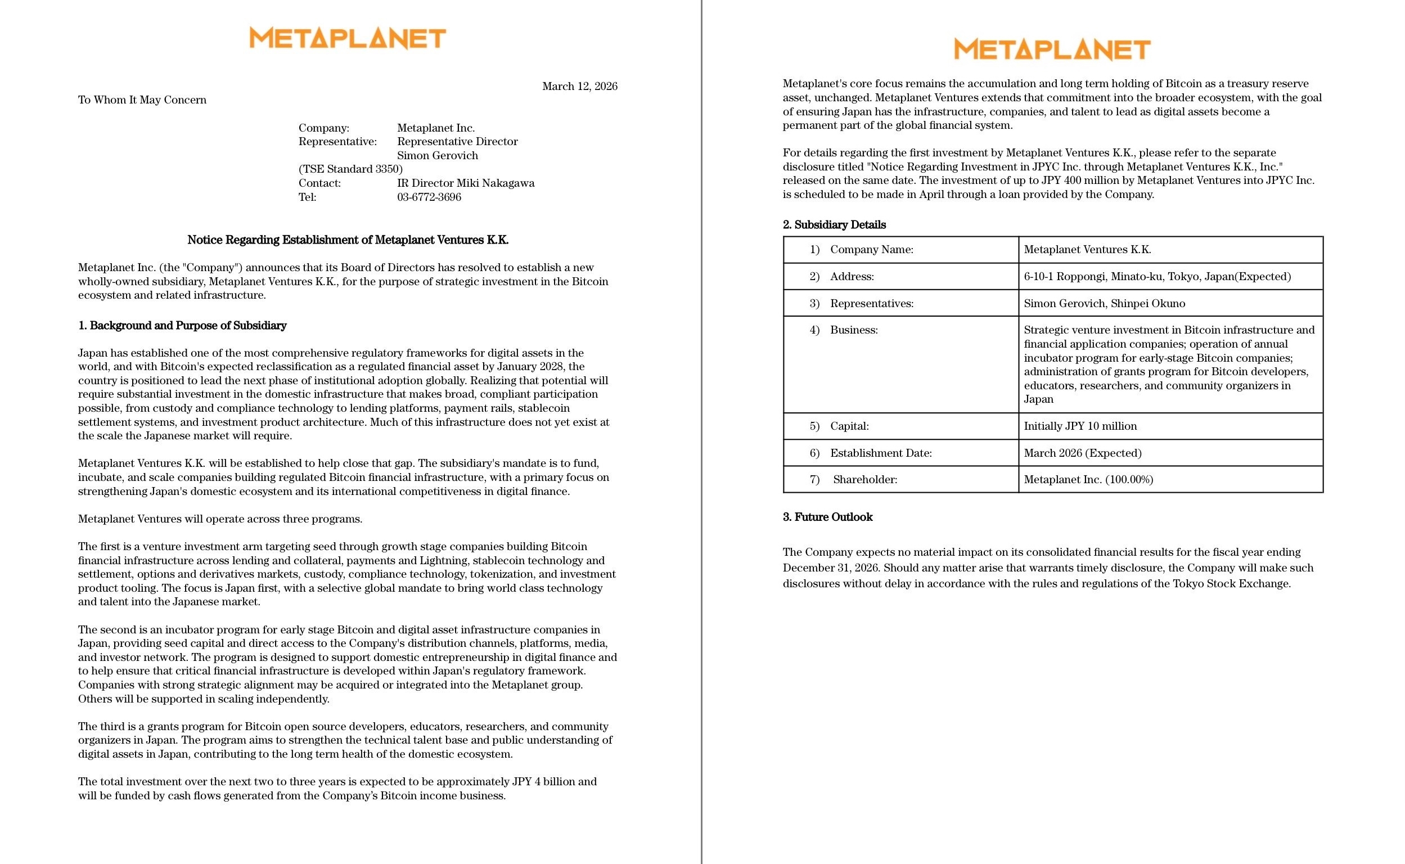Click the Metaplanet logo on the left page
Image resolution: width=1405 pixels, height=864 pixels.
pyautogui.click(x=348, y=38)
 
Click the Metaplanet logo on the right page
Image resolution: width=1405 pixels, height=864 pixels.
pyautogui.click(x=1052, y=49)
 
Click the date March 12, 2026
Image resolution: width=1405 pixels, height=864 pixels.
pyautogui.click(x=579, y=86)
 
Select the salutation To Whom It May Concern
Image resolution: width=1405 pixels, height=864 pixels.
pyautogui.click(x=142, y=100)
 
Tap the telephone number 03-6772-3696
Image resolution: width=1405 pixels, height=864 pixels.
pyautogui.click(x=429, y=197)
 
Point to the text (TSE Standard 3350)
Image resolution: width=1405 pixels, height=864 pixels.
pyautogui.click(x=350, y=169)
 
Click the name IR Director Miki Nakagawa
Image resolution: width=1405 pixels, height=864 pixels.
pyautogui.click(x=466, y=183)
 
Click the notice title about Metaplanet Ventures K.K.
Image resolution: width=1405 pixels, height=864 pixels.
pyautogui.click(x=348, y=240)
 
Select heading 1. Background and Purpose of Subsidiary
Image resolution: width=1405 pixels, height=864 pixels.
pyautogui.click(x=182, y=326)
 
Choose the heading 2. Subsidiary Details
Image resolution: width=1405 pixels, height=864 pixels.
pyautogui.click(x=834, y=224)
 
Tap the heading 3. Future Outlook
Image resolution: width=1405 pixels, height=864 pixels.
pyautogui.click(x=827, y=517)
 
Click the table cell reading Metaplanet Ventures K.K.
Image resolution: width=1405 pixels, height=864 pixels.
pyautogui.click(x=1087, y=250)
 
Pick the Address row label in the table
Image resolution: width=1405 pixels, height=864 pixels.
pyautogui.click(x=852, y=277)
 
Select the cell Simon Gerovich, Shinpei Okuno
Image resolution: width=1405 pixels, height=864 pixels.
pyautogui.click(x=1104, y=303)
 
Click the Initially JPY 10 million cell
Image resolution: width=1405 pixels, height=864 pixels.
pyautogui.click(x=1080, y=426)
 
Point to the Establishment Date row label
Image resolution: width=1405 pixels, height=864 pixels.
pyautogui.click(x=880, y=453)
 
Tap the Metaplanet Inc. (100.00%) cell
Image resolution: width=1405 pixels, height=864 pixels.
pyautogui.click(x=1088, y=479)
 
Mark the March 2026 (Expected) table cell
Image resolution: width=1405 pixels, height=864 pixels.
pyautogui.click(x=1082, y=453)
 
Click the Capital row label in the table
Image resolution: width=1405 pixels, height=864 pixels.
pyautogui.click(x=849, y=426)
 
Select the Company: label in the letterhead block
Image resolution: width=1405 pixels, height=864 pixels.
pyautogui.click(x=323, y=128)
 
